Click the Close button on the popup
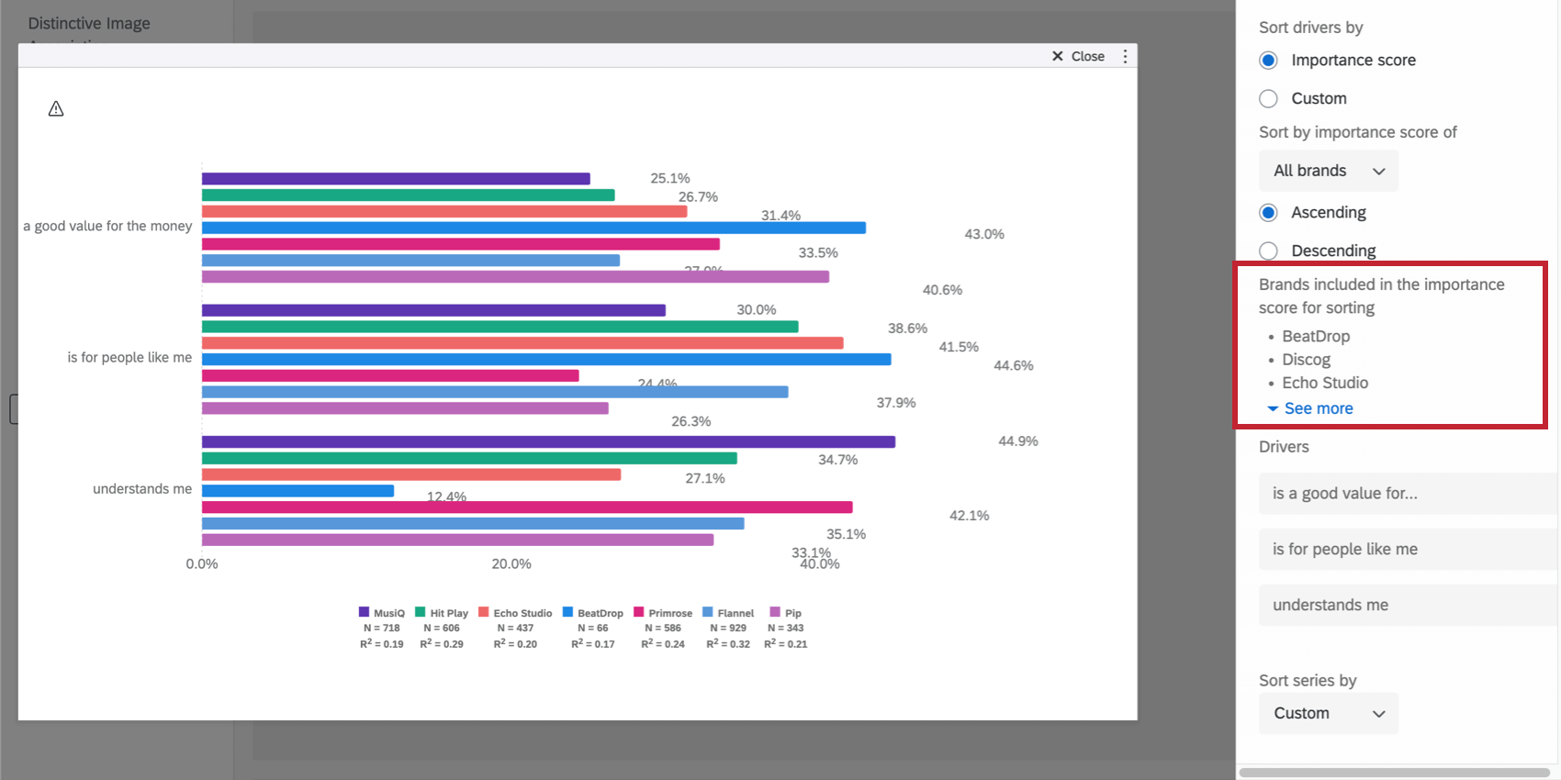(x=1079, y=57)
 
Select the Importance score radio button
(x=1268, y=61)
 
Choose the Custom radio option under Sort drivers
(x=1268, y=98)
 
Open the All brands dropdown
(x=1328, y=171)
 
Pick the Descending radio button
(x=1268, y=251)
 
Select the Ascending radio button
(x=1268, y=213)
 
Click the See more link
(x=1318, y=408)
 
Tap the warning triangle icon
(x=56, y=109)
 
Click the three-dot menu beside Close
(x=1125, y=57)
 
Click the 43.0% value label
(x=983, y=234)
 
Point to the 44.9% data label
(x=1017, y=441)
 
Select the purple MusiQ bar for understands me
(x=548, y=442)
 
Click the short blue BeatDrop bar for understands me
(x=298, y=491)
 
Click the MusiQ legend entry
(x=381, y=613)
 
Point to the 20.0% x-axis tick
(x=511, y=564)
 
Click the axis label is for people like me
(x=129, y=358)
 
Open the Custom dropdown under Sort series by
(x=1328, y=713)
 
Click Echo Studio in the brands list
(x=1324, y=383)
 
